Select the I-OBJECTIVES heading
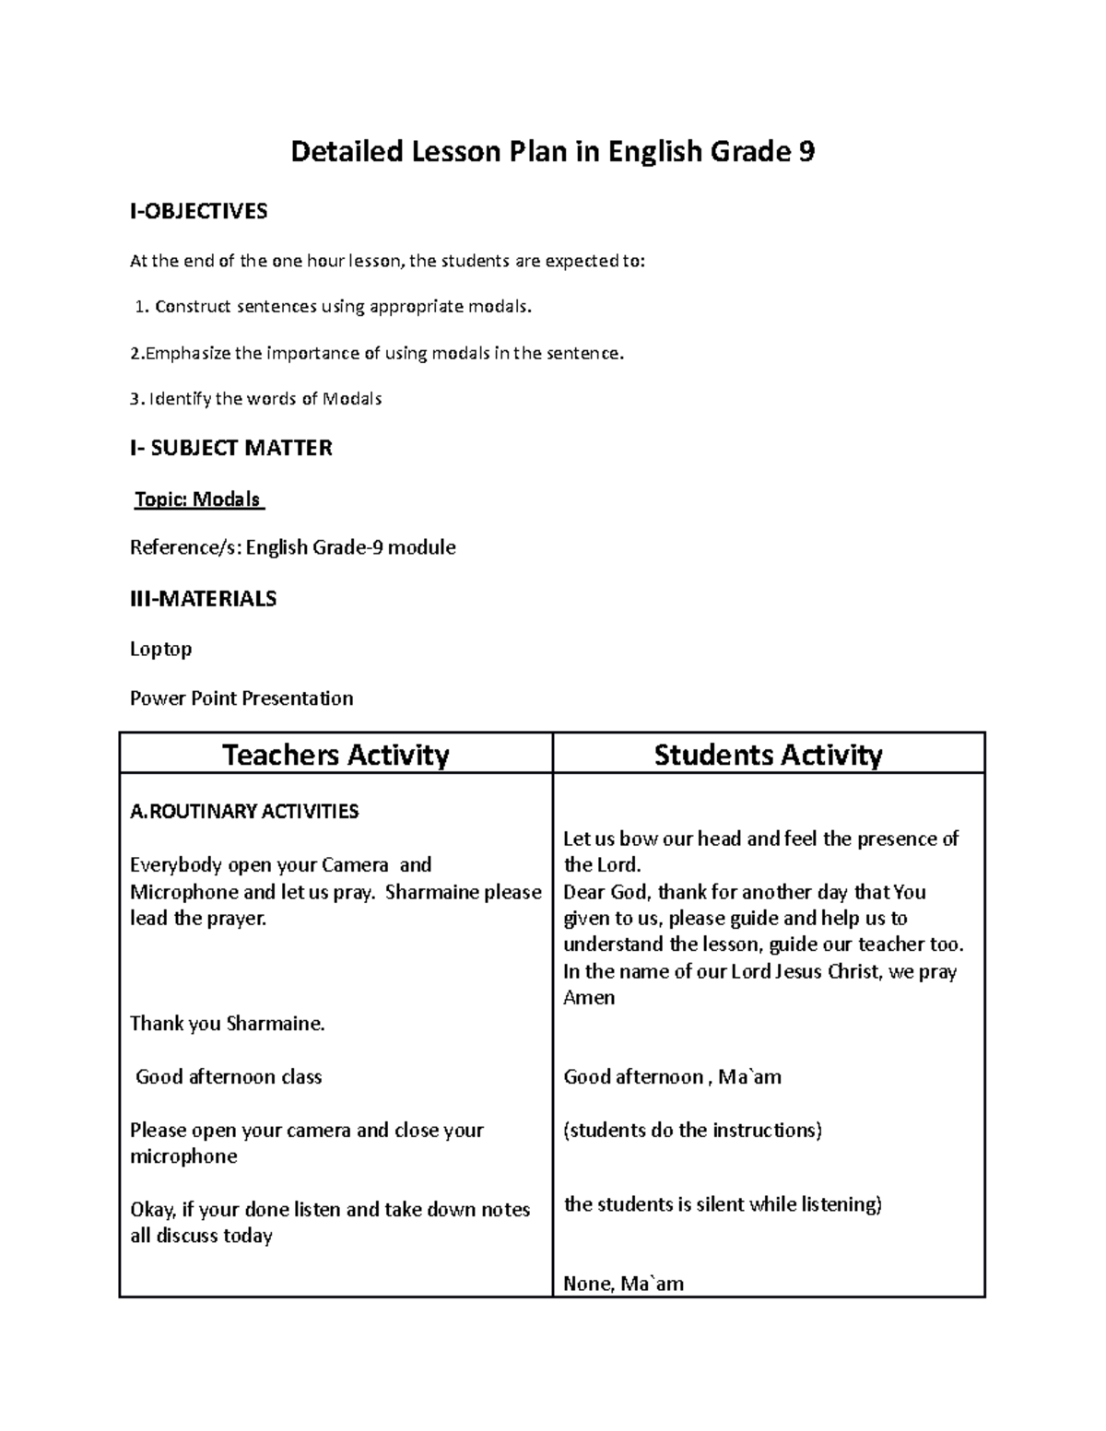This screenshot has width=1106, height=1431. tap(198, 211)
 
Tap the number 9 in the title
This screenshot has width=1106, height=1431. tap(806, 151)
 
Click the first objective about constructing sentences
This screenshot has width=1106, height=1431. tap(334, 307)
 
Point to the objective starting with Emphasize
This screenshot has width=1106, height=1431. tap(377, 353)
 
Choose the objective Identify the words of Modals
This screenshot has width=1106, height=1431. tap(256, 399)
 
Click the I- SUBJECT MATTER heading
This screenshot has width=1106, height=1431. tap(230, 449)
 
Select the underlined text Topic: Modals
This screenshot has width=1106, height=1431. tap(198, 499)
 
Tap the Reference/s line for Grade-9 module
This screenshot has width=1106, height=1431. tap(292, 548)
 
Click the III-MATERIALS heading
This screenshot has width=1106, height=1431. tap(203, 599)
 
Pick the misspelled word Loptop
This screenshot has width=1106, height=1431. tap(160, 649)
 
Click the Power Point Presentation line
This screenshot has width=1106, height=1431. tap(241, 698)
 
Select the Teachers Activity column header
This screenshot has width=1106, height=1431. tap(335, 756)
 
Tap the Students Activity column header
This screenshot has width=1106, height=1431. tap(768, 756)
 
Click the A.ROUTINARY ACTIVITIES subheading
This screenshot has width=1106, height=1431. tap(244, 812)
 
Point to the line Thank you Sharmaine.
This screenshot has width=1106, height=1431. tap(228, 1024)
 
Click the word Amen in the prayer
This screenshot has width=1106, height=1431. tap(589, 998)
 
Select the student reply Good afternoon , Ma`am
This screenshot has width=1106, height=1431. tap(672, 1077)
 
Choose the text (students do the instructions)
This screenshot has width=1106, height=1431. tap(692, 1131)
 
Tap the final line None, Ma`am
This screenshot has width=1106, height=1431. tap(623, 1284)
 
